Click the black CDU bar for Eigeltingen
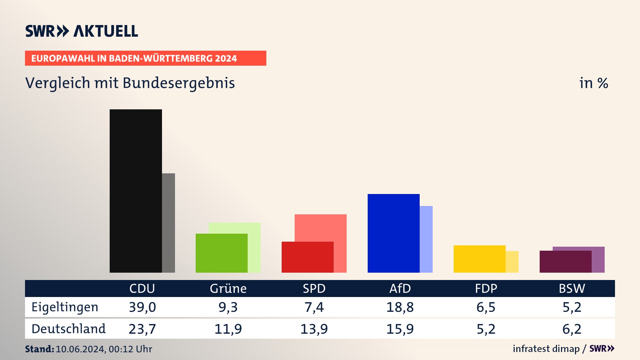click(x=136, y=191)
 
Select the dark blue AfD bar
click(x=393, y=233)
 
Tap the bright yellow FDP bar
click(x=479, y=259)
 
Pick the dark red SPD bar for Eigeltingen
click(x=307, y=257)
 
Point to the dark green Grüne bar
click(x=221, y=253)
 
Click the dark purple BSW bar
click(x=565, y=262)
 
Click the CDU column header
click(x=142, y=288)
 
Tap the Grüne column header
click(x=228, y=288)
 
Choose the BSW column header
click(x=572, y=288)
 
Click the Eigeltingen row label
click(x=65, y=307)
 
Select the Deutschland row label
click(x=68, y=329)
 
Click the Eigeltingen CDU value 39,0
click(x=142, y=307)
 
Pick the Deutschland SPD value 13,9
click(x=314, y=329)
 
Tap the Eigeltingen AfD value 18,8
click(x=400, y=307)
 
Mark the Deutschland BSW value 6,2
click(x=572, y=329)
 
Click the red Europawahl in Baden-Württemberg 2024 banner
click(x=145, y=58)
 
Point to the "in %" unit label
click(x=594, y=83)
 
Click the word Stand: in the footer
click(x=39, y=349)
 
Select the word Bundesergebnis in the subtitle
click(x=179, y=83)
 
